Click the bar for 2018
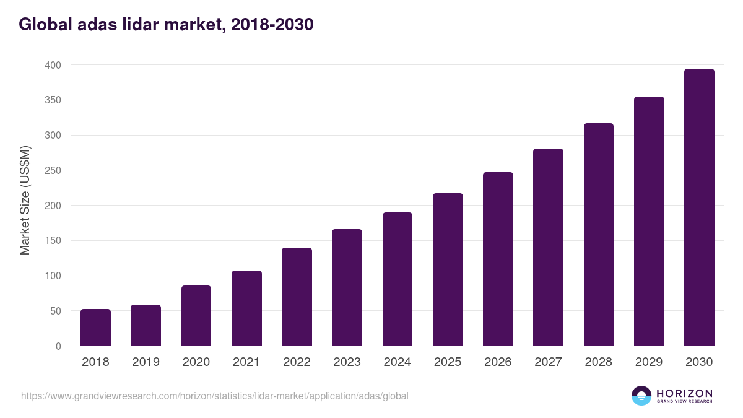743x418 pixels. point(95,328)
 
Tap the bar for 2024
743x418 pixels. point(398,279)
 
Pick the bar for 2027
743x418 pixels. point(549,247)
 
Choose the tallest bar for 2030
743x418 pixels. point(699,207)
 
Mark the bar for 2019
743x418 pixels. point(146,325)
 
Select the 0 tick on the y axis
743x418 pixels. point(58,346)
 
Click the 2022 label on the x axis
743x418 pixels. point(297,362)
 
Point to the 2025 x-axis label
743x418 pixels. point(448,362)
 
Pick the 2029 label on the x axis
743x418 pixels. point(649,362)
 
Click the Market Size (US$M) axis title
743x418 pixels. point(25,199)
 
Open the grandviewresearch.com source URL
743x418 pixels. point(215,396)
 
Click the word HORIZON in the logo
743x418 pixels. point(684,393)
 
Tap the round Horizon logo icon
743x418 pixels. point(641,396)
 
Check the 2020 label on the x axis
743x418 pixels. point(196,362)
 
